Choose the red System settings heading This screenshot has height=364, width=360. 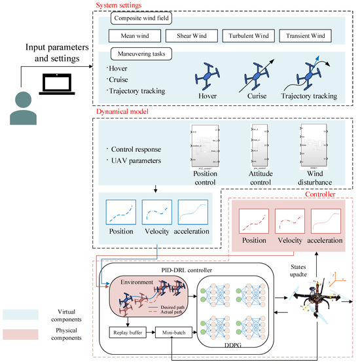(x=126, y=5)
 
